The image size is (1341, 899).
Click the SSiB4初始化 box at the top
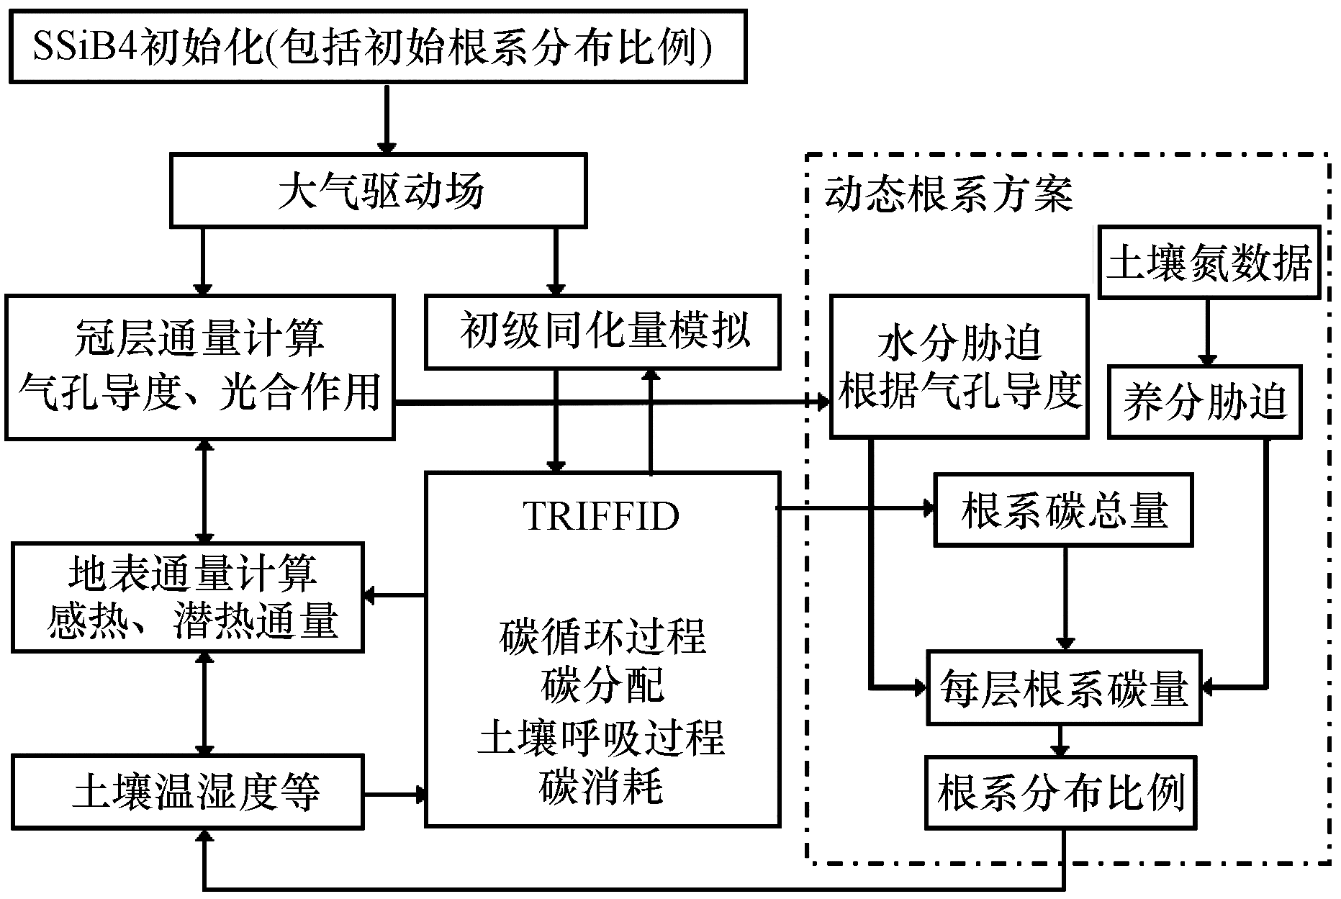click(x=377, y=47)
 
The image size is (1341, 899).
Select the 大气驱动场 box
click(x=379, y=191)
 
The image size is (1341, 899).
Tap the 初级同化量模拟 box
click(x=603, y=331)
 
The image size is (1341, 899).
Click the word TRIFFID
click(x=602, y=515)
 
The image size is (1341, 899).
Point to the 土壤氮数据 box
click(x=1209, y=262)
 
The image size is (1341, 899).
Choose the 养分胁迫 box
click(x=1205, y=402)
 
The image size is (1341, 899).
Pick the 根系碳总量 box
click(x=1063, y=510)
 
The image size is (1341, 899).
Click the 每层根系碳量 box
click(x=1063, y=687)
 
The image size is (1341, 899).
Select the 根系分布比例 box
click(x=1061, y=792)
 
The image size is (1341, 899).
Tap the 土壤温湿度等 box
click(x=188, y=792)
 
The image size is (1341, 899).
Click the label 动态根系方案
click(x=949, y=194)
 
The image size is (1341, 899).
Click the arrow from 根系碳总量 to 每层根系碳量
click(x=1065, y=597)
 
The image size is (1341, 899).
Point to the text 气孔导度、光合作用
click(x=199, y=393)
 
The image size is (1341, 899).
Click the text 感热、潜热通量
click(x=192, y=620)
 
